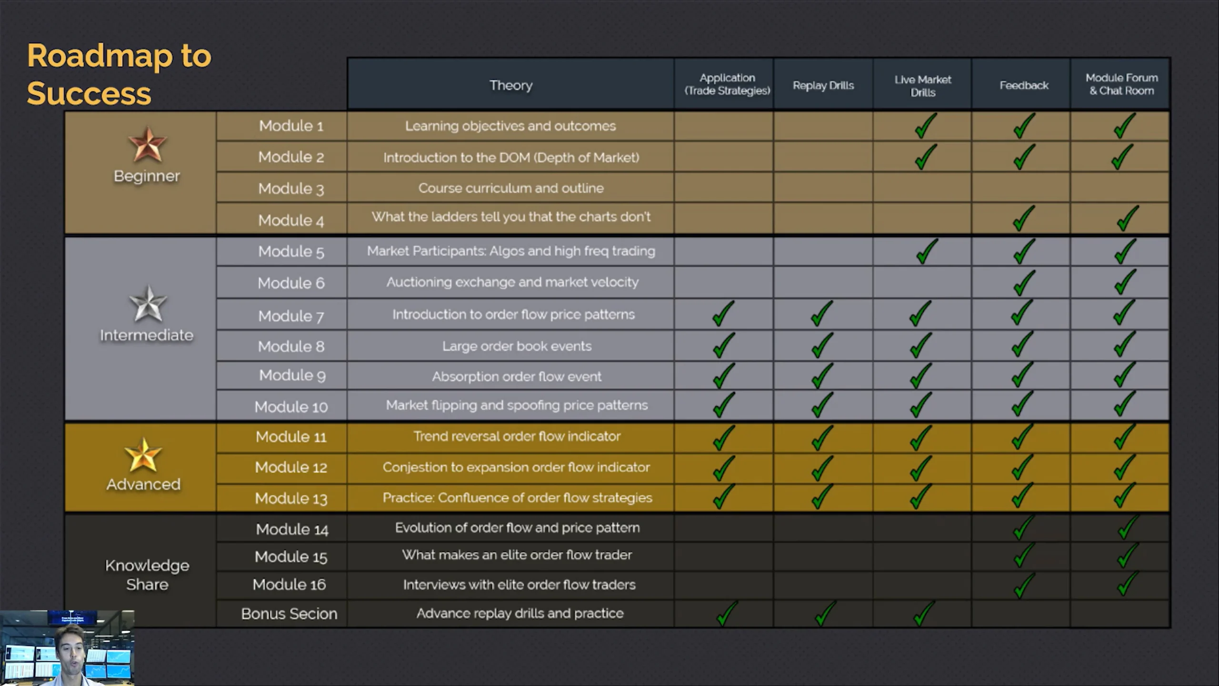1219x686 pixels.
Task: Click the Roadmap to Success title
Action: (x=119, y=74)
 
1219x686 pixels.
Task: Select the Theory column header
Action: (x=511, y=85)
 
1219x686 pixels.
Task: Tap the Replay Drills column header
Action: (x=823, y=85)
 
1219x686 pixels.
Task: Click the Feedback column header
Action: (x=1024, y=85)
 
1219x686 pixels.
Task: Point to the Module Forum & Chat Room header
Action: (x=1121, y=84)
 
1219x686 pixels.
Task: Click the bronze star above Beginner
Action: (x=147, y=144)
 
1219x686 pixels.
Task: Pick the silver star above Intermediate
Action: (x=148, y=303)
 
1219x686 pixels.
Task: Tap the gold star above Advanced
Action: (x=143, y=455)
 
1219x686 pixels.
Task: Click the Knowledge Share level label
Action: (x=147, y=575)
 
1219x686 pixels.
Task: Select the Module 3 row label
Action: (x=291, y=189)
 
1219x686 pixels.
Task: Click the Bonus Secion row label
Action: (x=289, y=614)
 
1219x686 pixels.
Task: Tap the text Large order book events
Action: (x=517, y=346)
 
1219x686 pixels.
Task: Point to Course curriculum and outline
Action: (x=511, y=188)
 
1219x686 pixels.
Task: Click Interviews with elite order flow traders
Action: (x=519, y=585)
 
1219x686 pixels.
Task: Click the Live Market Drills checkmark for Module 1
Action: (x=925, y=126)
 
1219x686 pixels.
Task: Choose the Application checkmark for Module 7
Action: (x=723, y=313)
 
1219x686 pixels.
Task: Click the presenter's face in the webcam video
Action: (x=71, y=649)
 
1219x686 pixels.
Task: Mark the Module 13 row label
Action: (x=291, y=498)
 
